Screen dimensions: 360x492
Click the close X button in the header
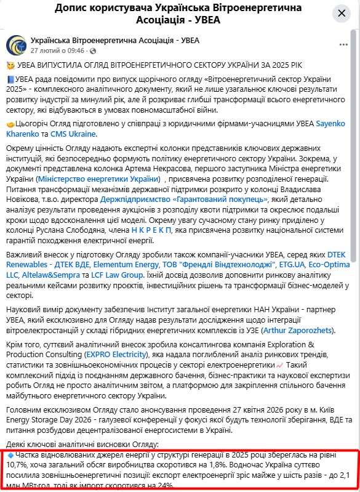[x=342, y=14]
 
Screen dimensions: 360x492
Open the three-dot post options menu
[x=343, y=45]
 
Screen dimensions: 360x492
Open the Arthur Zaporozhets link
[x=298, y=331]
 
